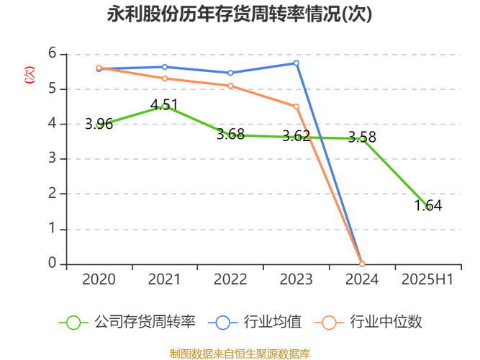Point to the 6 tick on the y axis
[52, 54]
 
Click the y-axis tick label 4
[52, 124]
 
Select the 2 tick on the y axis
[52, 194]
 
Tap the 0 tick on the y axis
[52, 263]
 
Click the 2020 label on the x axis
[99, 279]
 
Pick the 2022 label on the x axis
[230, 279]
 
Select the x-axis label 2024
[362, 279]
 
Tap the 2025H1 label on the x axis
[429, 279]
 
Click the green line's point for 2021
[164, 106]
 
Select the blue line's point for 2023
[296, 63]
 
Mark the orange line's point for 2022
[230, 86]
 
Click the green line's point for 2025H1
[429, 207]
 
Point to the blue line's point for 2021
[164, 66]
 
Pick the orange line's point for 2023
[296, 107]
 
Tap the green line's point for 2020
[99, 124]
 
